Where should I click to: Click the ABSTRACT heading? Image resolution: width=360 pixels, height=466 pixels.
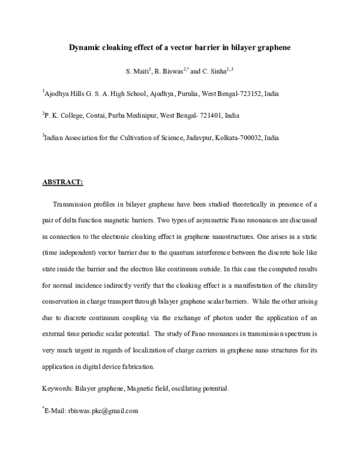pos(62,181)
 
